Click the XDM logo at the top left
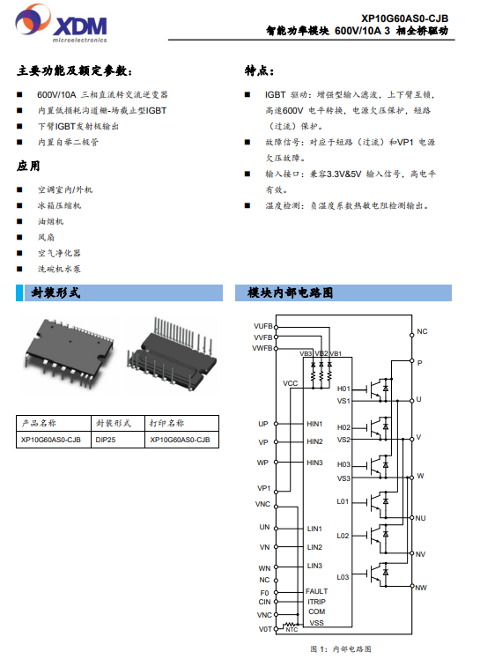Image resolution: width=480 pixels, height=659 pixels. (62, 24)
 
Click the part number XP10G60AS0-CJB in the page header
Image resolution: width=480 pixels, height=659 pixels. (405, 19)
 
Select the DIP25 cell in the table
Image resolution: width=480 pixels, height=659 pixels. (106, 440)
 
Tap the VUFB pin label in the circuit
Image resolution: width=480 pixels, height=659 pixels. (263, 326)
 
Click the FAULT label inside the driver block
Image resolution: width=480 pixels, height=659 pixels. (316, 591)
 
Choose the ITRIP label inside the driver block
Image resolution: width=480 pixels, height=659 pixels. (316, 602)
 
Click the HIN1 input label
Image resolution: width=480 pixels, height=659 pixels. (314, 424)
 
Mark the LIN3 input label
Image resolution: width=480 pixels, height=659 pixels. (314, 566)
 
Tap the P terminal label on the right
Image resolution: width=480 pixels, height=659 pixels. (419, 363)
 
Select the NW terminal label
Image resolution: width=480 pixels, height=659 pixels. (421, 588)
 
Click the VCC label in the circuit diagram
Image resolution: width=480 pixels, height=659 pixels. (290, 383)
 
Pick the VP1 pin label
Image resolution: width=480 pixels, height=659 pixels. (263, 488)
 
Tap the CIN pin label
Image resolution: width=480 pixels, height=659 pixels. (264, 602)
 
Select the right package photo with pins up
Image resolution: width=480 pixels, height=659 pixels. (173, 354)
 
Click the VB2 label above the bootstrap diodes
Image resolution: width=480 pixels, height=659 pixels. (321, 353)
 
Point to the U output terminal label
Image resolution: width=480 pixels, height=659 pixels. (418, 399)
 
